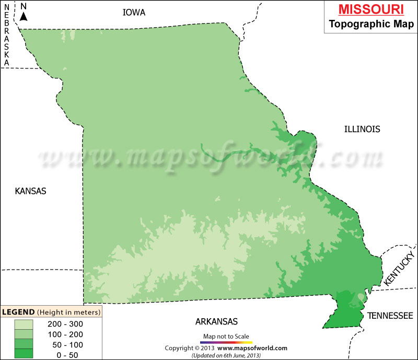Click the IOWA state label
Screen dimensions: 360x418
pyautogui.click(x=134, y=12)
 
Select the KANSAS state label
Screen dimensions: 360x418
pyautogui.click(x=30, y=191)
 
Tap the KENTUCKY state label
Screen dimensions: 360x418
pyautogui.click(x=399, y=268)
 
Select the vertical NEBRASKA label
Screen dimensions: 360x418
pyautogui.click(x=7, y=34)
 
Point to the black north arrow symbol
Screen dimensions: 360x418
pyautogui.click(x=24, y=16)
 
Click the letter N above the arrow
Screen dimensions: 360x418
pyautogui.click(x=24, y=6)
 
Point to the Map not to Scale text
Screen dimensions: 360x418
pyautogui.click(x=226, y=336)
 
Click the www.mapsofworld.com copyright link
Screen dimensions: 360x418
pyautogui.click(x=252, y=348)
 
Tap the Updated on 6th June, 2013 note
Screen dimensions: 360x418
pyautogui.click(x=226, y=355)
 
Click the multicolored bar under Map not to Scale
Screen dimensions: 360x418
pyautogui.click(x=226, y=342)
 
